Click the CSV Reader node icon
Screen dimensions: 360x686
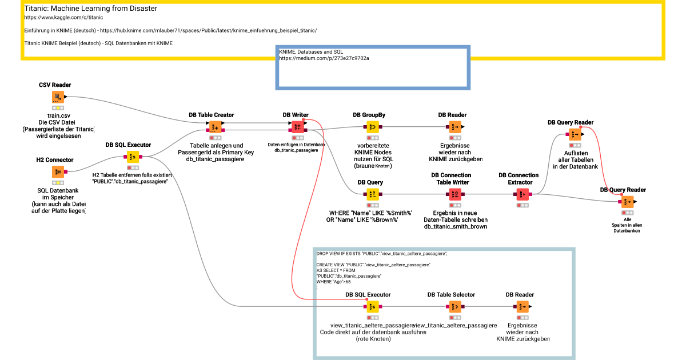coord(58,97)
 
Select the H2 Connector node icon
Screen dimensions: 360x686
coord(58,171)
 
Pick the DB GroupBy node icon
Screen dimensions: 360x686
coord(373,127)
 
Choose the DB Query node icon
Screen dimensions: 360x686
coord(373,194)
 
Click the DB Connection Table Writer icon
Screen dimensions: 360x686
coord(455,194)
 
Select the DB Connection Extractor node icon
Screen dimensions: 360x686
coord(523,194)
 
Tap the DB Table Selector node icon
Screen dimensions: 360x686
coord(455,307)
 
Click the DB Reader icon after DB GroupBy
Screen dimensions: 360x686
coord(455,127)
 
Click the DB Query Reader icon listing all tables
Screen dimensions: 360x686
coord(574,134)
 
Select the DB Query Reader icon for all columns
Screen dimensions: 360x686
coord(627,202)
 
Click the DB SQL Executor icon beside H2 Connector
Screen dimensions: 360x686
coord(133,157)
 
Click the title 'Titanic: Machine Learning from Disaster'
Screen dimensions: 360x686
coord(91,9)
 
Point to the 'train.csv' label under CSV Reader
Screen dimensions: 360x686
coord(58,115)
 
